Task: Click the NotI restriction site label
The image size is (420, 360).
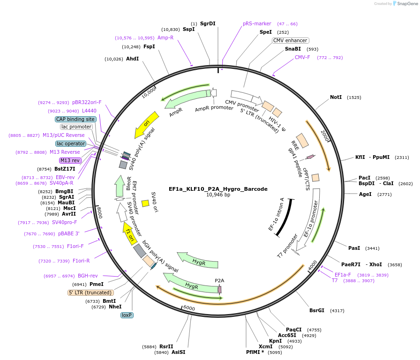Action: pyautogui.click(x=336, y=97)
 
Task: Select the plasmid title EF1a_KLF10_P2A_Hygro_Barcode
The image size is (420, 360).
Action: pyautogui.click(x=218, y=189)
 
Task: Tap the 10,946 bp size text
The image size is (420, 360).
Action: pyautogui.click(x=218, y=195)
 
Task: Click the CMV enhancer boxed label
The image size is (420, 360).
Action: pyautogui.click(x=291, y=41)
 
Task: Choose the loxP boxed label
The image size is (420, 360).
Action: pyautogui.click(x=127, y=315)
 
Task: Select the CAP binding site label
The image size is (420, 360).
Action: pyautogui.click(x=76, y=119)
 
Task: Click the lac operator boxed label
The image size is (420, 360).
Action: pyautogui.click(x=71, y=143)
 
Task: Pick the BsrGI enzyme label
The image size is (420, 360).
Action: pyautogui.click(x=317, y=310)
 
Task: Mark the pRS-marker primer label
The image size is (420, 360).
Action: pyautogui.click(x=257, y=23)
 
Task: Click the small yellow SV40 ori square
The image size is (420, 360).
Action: pyautogui.click(x=145, y=203)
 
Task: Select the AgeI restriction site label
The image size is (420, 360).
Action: pyautogui.click(x=365, y=194)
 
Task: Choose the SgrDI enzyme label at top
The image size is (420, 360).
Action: pyautogui.click(x=208, y=23)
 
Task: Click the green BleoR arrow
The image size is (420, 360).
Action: pyautogui.click(x=120, y=187)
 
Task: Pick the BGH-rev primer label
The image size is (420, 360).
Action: pyautogui.click(x=88, y=276)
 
